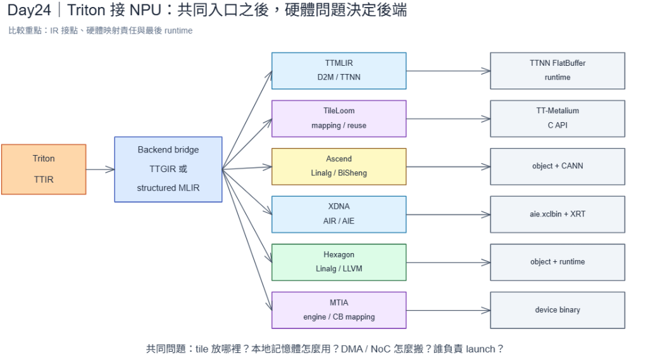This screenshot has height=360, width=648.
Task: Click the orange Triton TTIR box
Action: pos(44,169)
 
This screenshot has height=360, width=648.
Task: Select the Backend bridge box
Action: pos(168,169)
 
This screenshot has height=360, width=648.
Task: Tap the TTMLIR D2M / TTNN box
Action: pos(339,71)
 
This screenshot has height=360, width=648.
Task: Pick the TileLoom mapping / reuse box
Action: pos(339,118)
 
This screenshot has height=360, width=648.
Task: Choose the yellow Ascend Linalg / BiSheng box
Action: pos(339,166)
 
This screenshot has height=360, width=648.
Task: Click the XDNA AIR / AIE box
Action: pos(339,214)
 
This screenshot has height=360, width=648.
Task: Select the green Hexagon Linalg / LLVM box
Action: pos(339,262)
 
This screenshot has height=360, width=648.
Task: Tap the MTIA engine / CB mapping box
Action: pos(339,310)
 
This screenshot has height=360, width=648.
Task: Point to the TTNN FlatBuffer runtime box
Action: pos(558,71)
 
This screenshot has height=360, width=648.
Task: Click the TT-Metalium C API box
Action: pos(558,118)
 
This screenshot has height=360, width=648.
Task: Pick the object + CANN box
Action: pos(558,166)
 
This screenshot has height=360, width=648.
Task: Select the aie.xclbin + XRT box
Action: pos(558,214)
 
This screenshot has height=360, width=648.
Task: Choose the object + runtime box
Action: pos(558,262)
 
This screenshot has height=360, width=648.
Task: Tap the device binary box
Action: pos(558,310)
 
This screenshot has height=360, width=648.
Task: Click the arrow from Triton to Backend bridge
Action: pos(101,169)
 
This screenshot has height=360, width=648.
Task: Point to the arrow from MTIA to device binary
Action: pos(449,310)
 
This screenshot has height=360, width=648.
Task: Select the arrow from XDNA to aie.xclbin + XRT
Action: pos(449,214)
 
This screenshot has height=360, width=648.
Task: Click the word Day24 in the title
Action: pos(29,10)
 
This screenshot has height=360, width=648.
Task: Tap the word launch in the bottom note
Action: pos(480,349)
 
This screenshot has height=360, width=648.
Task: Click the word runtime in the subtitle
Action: pos(178,30)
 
